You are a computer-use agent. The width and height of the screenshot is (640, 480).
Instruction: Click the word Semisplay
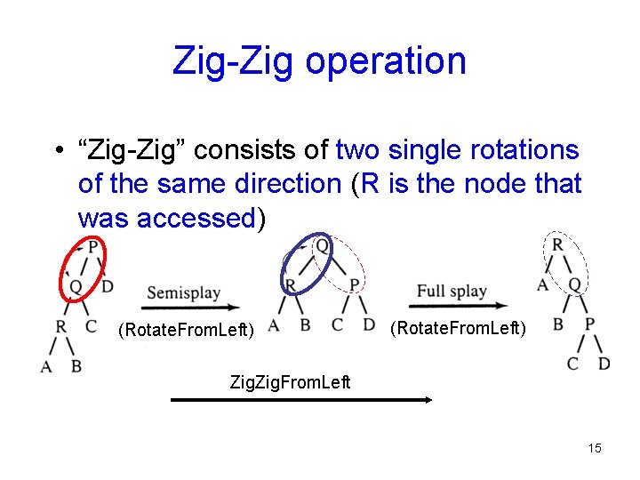pos(184,292)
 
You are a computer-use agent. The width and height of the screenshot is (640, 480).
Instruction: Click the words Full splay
pos(452,291)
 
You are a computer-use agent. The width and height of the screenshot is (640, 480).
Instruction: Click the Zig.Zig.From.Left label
pos(291,382)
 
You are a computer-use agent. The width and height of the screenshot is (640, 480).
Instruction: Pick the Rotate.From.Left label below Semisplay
pos(187,331)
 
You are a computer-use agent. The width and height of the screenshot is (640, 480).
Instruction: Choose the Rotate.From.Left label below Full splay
pos(459,328)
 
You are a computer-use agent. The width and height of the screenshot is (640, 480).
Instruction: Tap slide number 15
pos(595,448)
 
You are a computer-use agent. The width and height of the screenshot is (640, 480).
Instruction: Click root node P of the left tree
pos(92,245)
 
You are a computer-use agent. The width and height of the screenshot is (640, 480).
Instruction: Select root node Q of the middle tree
pos(322,244)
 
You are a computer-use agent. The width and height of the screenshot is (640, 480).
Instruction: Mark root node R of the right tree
pos(557,244)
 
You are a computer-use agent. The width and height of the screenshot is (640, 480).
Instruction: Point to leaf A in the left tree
pos(45,365)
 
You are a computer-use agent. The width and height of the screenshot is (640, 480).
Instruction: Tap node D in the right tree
pos(604,363)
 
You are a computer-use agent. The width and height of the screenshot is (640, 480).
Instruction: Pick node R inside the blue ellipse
pos(290,284)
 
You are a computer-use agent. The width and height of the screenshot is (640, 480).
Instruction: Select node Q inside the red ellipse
pos(76,286)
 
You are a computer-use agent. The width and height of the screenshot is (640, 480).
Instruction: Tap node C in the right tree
pos(573,363)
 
